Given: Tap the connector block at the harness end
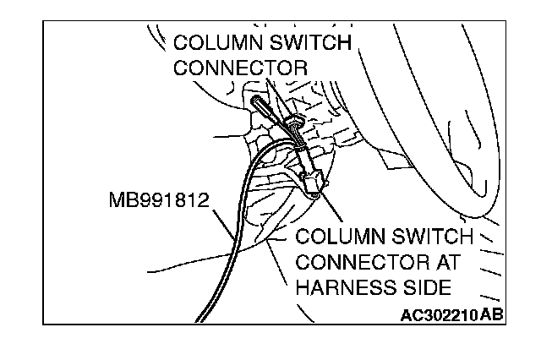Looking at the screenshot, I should [x=314, y=179].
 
